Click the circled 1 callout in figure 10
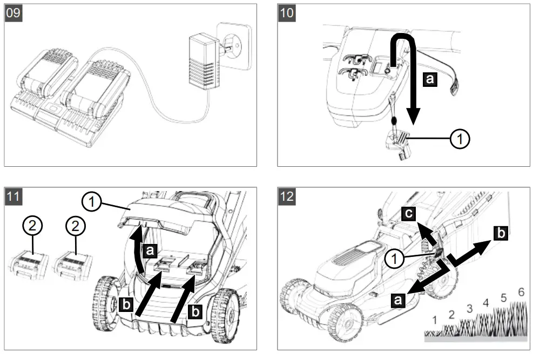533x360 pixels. [x=459, y=139]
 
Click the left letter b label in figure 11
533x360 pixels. [x=126, y=304]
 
